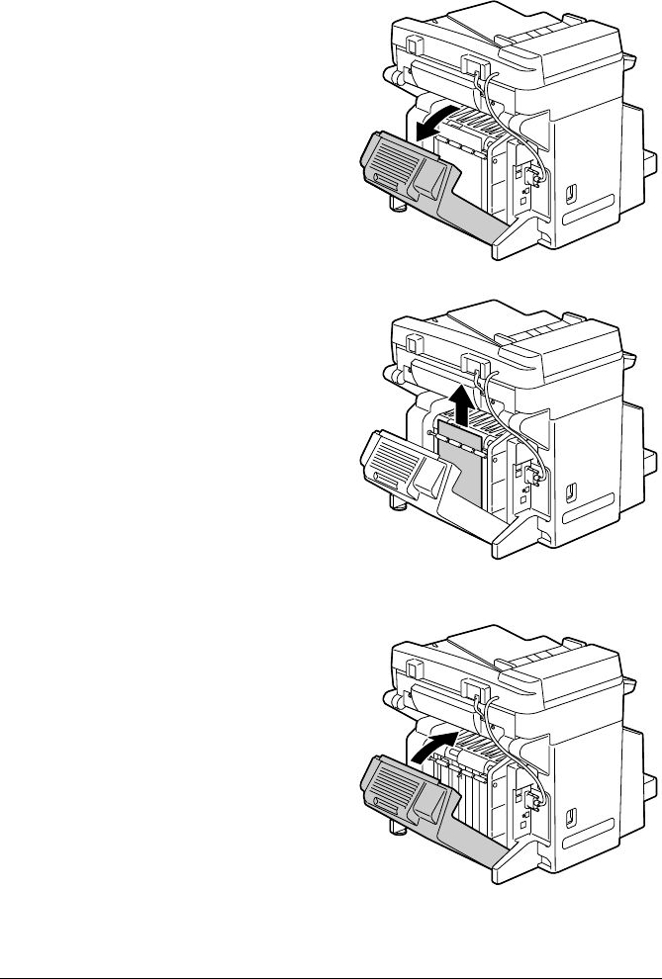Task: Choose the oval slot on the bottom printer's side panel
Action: click(568, 814)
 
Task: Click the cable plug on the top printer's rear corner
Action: click(535, 177)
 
